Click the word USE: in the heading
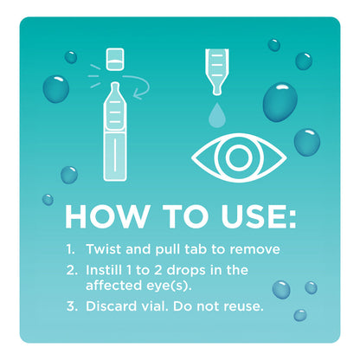[250, 215]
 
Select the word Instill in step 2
[111, 270]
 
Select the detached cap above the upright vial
[112, 59]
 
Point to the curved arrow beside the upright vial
[139, 83]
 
